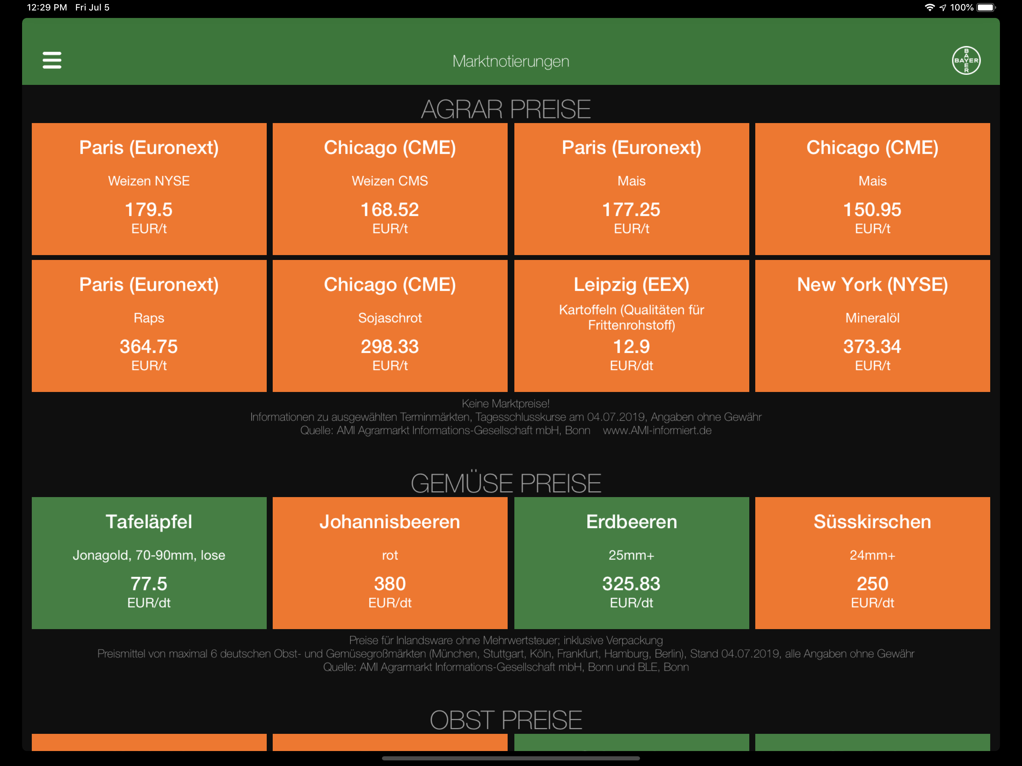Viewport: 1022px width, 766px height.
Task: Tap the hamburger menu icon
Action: click(52, 60)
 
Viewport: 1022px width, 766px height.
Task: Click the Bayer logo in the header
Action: click(966, 61)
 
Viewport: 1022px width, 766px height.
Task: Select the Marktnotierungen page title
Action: click(511, 61)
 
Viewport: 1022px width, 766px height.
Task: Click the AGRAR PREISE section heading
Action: click(506, 110)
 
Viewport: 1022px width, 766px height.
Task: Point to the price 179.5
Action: click(149, 210)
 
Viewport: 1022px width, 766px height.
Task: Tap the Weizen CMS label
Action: click(390, 181)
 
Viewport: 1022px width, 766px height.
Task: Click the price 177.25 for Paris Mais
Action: click(631, 210)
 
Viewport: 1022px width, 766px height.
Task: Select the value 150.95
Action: click(872, 210)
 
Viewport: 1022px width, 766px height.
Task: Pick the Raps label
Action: click(149, 318)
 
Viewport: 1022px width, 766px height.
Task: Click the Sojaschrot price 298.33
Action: click(390, 346)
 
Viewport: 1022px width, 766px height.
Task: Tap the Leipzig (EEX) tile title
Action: click(631, 285)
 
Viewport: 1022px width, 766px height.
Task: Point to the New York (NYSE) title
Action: click(872, 285)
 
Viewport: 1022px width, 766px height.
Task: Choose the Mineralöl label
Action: click(872, 318)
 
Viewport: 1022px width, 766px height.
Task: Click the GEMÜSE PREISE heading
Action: click(506, 483)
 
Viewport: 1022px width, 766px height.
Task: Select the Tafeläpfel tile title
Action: click(149, 522)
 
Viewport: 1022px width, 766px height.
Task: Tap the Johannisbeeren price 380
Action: click(390, 584)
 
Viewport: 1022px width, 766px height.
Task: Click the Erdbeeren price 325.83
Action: click(631, 584)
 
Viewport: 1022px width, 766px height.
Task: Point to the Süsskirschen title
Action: click(872, 522)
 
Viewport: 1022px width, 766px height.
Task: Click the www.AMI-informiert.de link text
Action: click(657, 431)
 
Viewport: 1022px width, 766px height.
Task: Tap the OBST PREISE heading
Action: click(506, 720)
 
